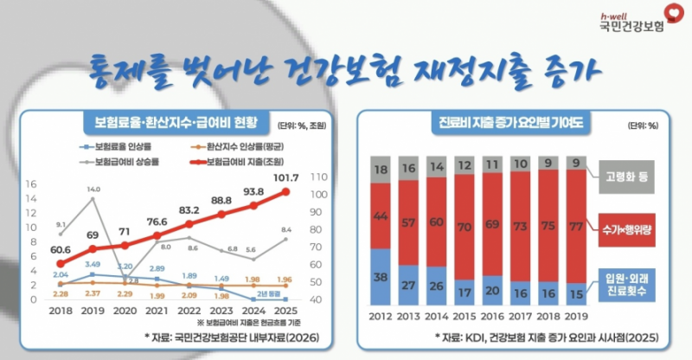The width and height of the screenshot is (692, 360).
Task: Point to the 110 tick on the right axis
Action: pos(317,177)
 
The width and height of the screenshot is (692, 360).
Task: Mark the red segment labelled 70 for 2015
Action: pos(465,229)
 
